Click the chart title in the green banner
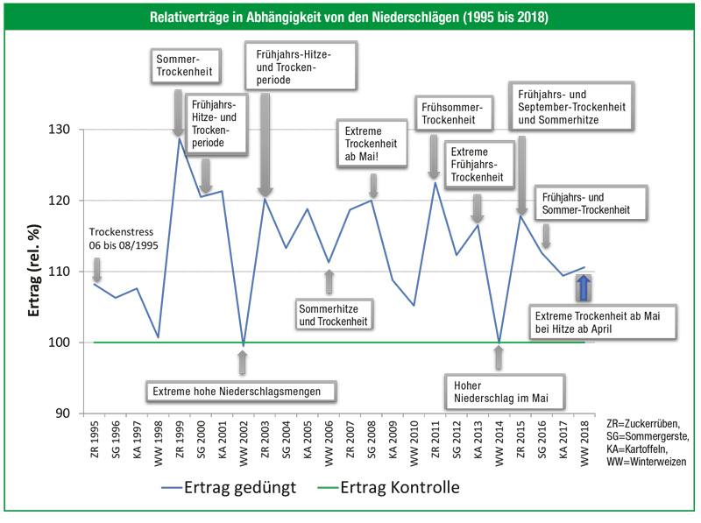pos(350,17)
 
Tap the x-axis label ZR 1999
pos(180,442)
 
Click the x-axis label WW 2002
pos(243,442)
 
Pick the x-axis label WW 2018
pos(584,442)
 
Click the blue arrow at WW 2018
pos(584,287)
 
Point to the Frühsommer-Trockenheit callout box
pos(460,114)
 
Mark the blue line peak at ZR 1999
pos(180,138)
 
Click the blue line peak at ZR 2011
pos(435,181)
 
